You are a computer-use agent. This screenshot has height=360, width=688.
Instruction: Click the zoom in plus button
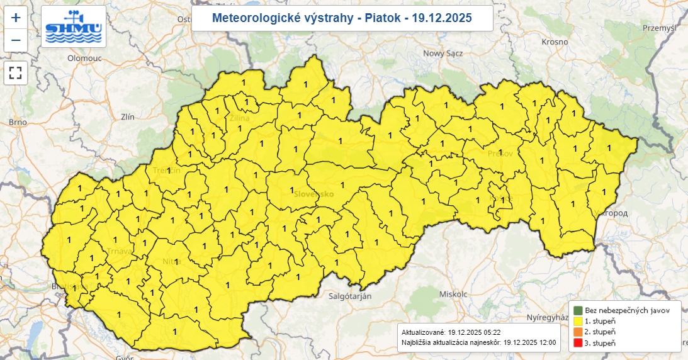[16, 17]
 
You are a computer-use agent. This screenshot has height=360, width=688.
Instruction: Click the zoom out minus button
[16, 40]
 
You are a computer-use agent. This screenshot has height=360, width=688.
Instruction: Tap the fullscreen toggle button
[16, 72]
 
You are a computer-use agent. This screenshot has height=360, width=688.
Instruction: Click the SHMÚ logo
[74, 26]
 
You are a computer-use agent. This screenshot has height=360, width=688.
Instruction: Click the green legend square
[577, 310]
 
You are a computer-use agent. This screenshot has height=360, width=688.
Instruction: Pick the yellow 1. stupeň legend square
[577, 320]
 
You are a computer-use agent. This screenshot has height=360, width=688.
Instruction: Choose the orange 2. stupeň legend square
[577, 332]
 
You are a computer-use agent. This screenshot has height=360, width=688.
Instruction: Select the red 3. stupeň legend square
[577, 343]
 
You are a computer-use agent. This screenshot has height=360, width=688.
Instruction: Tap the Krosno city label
[555, 42]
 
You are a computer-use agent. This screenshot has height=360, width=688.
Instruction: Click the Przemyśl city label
[660, 28]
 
